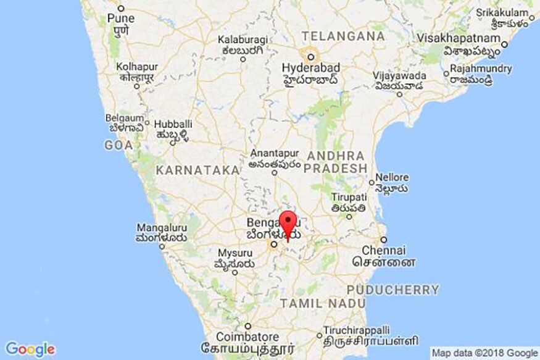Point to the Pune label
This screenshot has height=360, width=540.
point(121,19)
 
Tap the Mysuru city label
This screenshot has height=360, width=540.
point(235,253)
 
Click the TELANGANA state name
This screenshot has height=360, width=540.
point(344,36)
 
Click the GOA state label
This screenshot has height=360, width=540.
point(118,145)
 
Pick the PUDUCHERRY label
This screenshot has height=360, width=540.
point(393,289)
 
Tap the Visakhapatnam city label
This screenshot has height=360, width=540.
point(468,38)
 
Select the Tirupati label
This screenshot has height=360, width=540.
point(350,197)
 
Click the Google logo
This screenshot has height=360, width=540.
point(30,349)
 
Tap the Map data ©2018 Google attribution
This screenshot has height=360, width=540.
point(484,353)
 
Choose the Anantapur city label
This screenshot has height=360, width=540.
point(275,154)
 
